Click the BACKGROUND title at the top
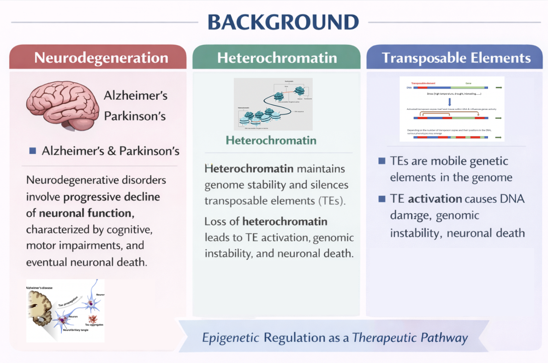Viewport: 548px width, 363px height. [283, 22]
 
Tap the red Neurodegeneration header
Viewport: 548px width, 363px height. [101, 58]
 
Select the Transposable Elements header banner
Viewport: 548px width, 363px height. [456, 58]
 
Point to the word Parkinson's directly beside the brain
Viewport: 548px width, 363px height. [135, 115]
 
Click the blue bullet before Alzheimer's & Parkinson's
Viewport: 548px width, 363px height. [32, 151]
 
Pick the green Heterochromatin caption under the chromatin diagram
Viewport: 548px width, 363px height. [271, 140]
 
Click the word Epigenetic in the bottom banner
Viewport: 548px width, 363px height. [231, 338]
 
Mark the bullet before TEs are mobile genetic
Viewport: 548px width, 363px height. [381, 161]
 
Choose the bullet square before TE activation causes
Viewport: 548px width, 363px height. [381, 199]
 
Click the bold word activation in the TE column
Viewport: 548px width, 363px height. [435, 199]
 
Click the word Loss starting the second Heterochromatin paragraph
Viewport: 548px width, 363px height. [216, 222]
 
